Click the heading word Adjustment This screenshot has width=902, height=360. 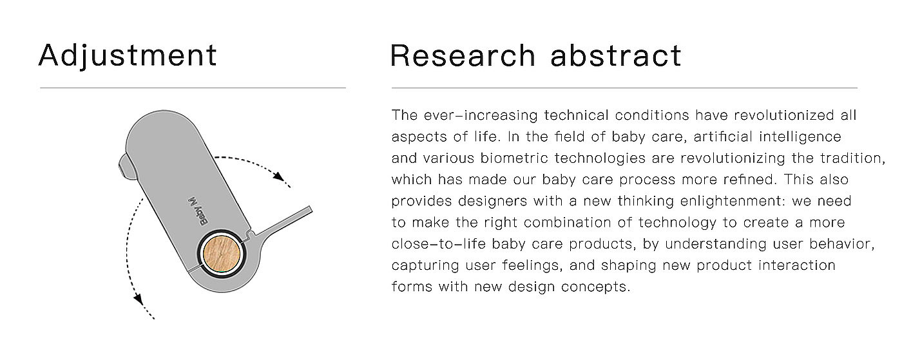(128, 55)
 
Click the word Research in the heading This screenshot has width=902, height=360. (463, 55)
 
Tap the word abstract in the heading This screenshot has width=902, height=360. (616, 55)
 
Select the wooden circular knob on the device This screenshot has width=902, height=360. (222, 254)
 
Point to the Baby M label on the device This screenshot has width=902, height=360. (199, 211)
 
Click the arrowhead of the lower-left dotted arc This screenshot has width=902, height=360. (138, 299)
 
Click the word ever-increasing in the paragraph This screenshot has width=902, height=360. (481, 115)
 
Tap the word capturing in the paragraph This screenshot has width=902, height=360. (425, 265)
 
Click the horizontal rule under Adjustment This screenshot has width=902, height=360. (193, 88)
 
